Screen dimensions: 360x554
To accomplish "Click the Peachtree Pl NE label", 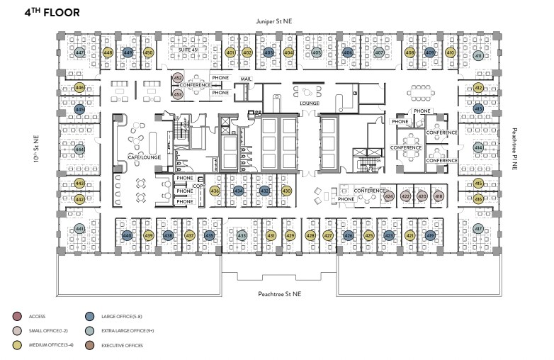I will [515, 149].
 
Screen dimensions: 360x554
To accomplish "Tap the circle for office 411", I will [478, 56].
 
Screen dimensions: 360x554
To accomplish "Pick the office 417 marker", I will [478, 229].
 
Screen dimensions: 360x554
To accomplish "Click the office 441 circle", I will [80, 229].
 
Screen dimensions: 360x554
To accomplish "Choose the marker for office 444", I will [80, 150].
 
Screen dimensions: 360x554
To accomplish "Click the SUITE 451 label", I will [186, 50].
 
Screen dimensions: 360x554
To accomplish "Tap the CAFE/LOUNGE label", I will [140, 157].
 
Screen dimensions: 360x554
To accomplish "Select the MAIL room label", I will [247, 79].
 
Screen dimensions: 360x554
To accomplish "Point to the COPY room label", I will [198, 186].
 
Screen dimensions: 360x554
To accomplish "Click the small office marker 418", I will [439, 196].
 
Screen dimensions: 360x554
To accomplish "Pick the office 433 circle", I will [242, 235].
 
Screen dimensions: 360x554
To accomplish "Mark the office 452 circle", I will [179, 78].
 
